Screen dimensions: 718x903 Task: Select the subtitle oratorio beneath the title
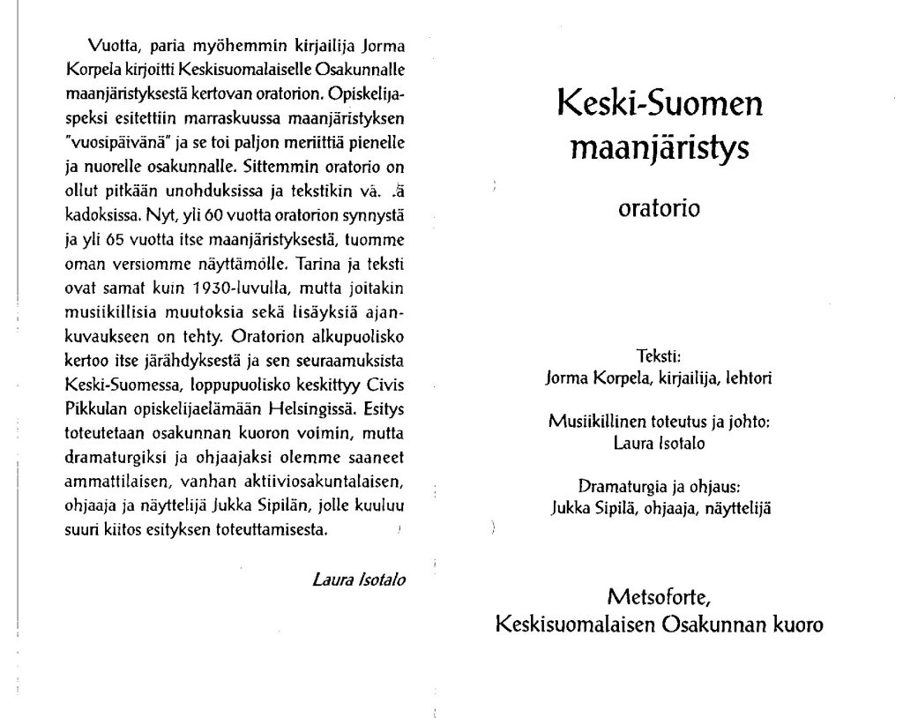pyautogui.click(x=660, y=209)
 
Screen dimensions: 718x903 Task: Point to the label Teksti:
pyautogui.click(x=660, y=357)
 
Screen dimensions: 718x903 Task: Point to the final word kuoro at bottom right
pyautogui.click(x=795, y=624)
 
